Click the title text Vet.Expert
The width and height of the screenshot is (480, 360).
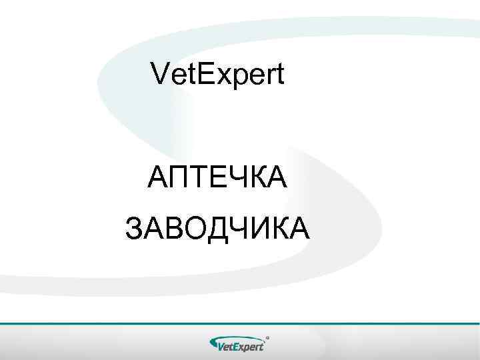click(218, 75)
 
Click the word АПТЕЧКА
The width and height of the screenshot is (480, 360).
click(217, 178)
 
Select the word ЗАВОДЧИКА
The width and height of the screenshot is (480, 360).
click(217, 228)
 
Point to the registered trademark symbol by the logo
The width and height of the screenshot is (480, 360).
click(267, 337)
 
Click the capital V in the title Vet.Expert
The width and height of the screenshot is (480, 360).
click(161, 74)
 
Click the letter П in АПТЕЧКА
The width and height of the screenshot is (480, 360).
click(179, 178)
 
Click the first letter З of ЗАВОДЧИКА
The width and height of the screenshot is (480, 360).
click(135, 228)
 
